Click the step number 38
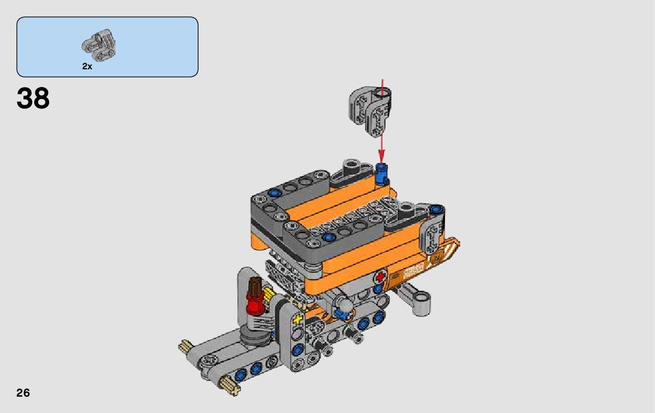coord(33,99)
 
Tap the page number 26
coord(23,393)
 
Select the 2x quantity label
coord(87,66)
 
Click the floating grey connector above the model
coord(370,111)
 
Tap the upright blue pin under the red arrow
coord(382,174)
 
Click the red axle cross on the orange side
coord(380,277)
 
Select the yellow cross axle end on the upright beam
coord(297,320)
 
